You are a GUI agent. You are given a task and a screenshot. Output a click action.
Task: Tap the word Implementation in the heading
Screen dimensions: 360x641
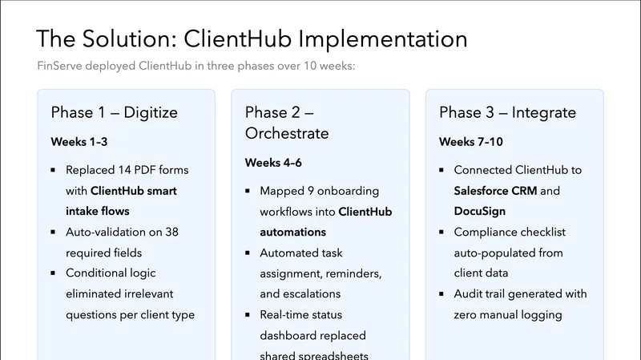coord(380,38)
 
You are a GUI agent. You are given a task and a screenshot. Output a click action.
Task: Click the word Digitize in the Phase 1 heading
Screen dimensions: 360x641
coord(151,112)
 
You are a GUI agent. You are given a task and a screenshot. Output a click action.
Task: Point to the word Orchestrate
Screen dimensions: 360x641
coord(287,133)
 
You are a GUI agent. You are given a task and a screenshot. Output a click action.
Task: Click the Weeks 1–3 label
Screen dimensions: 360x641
coord(79,142)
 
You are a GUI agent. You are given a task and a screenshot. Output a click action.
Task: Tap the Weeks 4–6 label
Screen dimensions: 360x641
coord(273,163)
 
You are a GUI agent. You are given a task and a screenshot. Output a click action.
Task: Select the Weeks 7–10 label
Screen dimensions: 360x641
coord(471,142)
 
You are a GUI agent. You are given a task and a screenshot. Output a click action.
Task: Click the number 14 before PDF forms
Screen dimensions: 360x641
coord(129,170)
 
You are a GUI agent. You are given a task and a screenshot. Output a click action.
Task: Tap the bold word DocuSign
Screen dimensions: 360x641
coord(481,212)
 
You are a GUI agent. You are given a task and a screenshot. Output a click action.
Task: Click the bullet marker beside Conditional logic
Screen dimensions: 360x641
coord(53,273)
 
